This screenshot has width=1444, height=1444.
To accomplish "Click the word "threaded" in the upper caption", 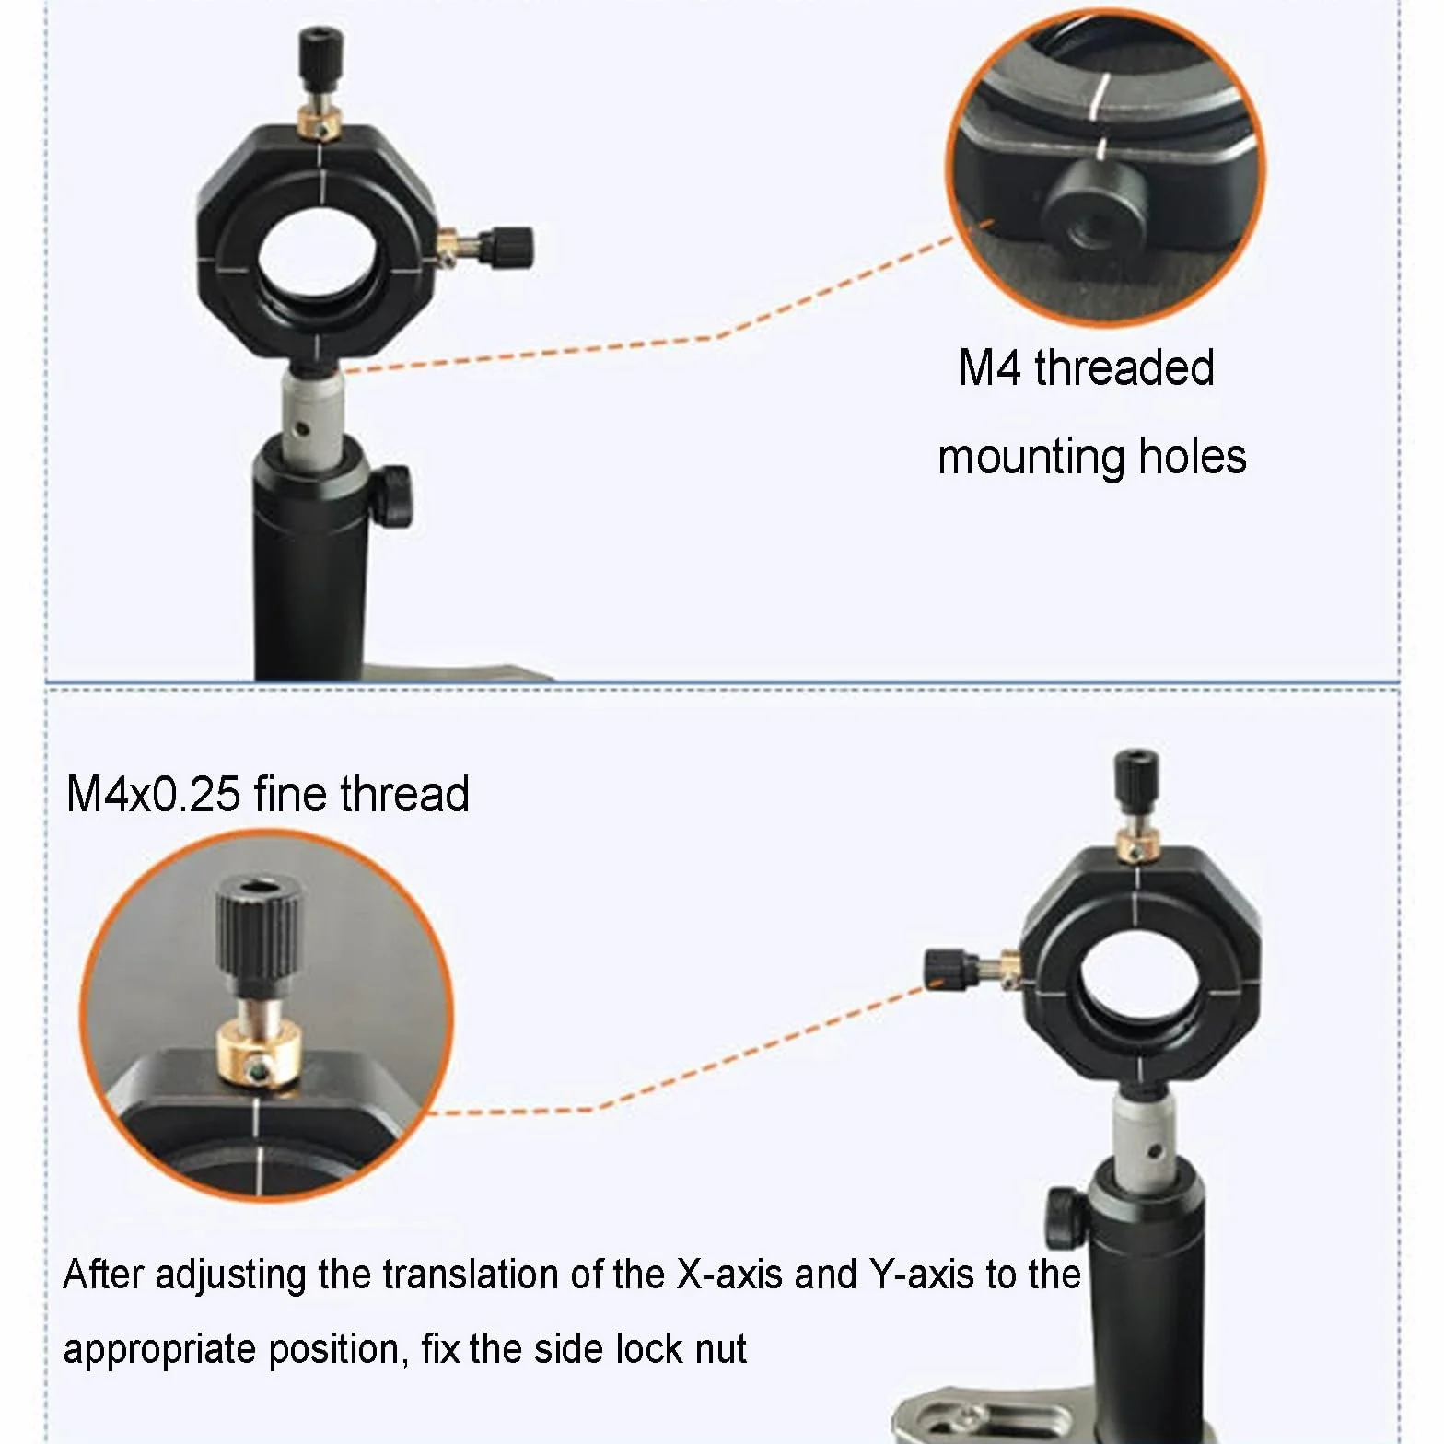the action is coord(1124,367).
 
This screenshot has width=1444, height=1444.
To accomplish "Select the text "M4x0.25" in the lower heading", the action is coord(154,794).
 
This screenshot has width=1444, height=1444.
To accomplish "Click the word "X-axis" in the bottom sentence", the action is coord(729,1275).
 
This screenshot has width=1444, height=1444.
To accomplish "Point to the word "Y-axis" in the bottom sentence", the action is coord(922,1275).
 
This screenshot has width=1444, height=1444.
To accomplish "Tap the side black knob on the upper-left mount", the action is coord(506,246).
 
